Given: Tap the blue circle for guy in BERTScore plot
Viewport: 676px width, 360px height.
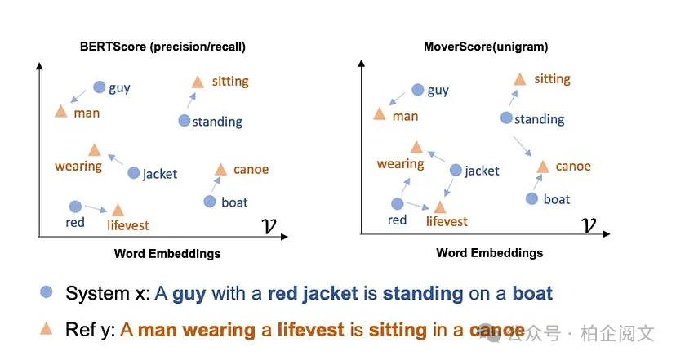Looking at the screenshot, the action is pos(100,87).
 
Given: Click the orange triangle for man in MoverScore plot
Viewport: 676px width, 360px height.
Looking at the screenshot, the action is pos(379,113).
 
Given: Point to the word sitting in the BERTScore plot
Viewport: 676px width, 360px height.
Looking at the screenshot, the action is pos(229,82).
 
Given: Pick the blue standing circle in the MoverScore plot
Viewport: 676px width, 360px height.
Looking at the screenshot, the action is pos(506,118).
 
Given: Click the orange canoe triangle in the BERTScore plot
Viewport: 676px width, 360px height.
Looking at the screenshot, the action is pos(220,170).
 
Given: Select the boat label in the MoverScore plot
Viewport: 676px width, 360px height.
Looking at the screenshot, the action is pos(557,199).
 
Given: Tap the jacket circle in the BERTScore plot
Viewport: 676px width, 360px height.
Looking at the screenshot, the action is pos(134,173).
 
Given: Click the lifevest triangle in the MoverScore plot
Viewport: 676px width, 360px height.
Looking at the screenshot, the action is pos(439,207).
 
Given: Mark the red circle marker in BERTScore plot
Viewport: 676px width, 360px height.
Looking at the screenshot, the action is pos(75,207).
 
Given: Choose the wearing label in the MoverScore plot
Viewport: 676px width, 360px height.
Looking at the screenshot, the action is pos(400,164).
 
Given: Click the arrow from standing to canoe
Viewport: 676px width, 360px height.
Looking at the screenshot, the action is pos(523,147).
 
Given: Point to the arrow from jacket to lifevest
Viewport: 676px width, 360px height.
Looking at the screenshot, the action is pos(447,189).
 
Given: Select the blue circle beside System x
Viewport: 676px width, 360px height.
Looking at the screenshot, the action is pos(47,292).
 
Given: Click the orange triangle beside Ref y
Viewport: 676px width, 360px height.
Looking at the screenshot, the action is pos(47,329).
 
